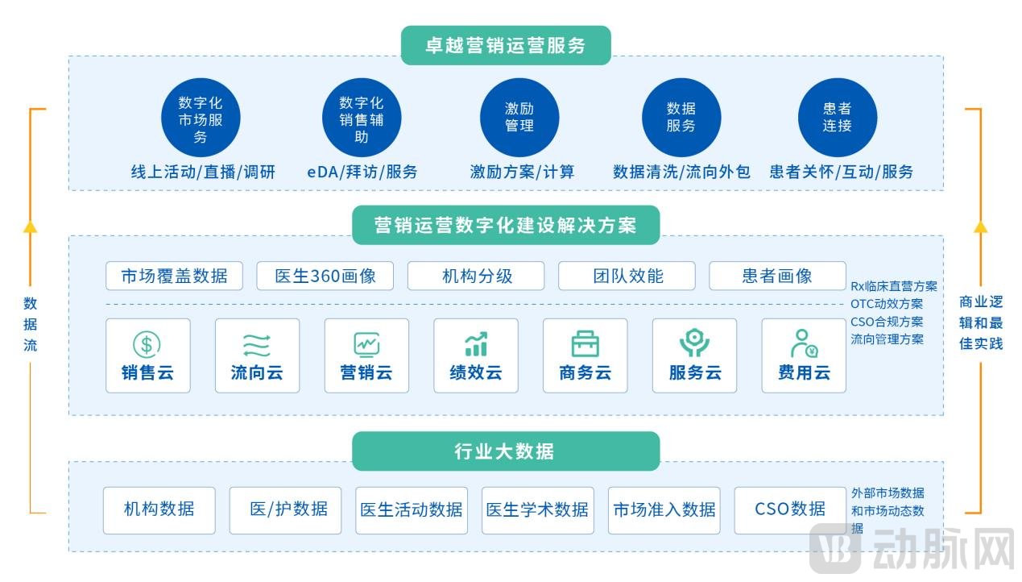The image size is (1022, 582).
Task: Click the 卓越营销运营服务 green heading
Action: [506, 46]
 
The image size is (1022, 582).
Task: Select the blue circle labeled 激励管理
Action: [519, 118]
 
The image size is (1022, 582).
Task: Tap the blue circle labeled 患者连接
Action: [838, 118]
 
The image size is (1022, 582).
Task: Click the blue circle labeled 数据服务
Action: [681, 118]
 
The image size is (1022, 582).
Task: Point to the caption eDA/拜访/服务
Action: [362, 172]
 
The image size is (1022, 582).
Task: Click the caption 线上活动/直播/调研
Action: [203, 172]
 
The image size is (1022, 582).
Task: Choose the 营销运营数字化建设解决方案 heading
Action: [506, 225]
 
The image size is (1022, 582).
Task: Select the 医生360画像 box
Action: [325, 276]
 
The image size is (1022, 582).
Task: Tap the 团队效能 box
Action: [627, 276]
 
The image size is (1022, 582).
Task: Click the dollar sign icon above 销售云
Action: [147, 345]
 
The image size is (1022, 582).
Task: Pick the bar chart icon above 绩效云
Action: [476, 344]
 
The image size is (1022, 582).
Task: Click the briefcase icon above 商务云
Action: [585, 344]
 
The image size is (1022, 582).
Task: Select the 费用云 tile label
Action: [804, 372]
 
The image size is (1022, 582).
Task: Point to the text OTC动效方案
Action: [887, 304]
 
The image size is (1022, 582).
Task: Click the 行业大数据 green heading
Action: [506, 451]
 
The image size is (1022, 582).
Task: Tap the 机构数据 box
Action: [159, 509]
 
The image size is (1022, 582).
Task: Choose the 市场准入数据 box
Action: [664, 509]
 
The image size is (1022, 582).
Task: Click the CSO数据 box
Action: [790, 509]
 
